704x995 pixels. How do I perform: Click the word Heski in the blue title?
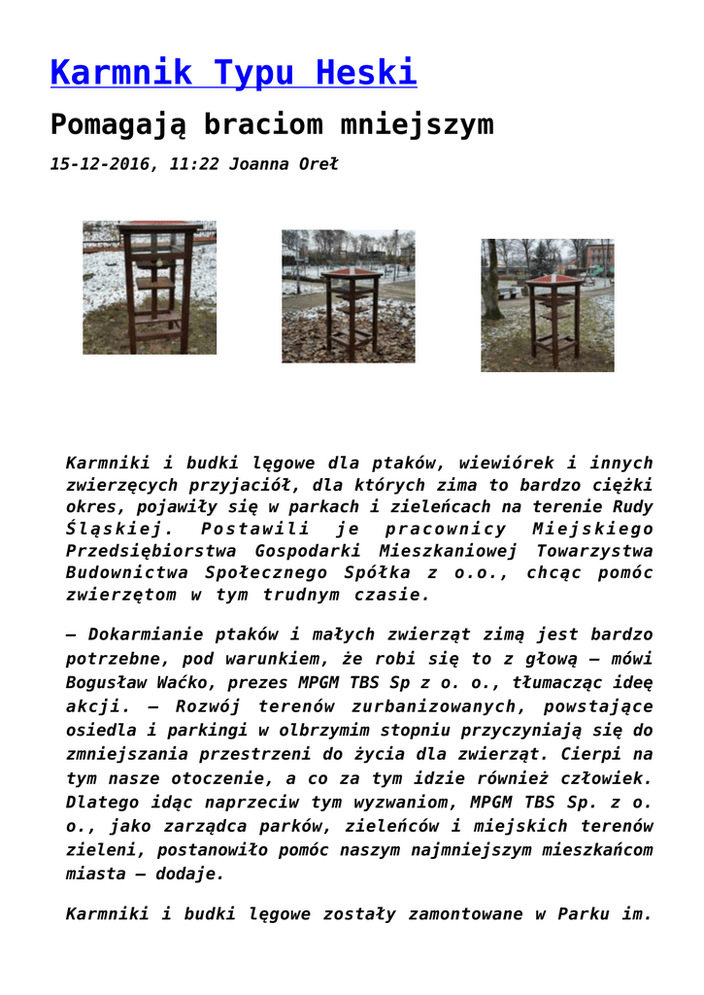[x=371, y=72]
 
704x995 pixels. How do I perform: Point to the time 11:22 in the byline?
[x=193, y=164]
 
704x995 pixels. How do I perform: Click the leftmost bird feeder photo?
[x=150, y=288]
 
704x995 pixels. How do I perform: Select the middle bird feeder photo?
[x=349, y=296]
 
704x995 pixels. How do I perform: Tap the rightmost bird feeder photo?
[x=548, y=305]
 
